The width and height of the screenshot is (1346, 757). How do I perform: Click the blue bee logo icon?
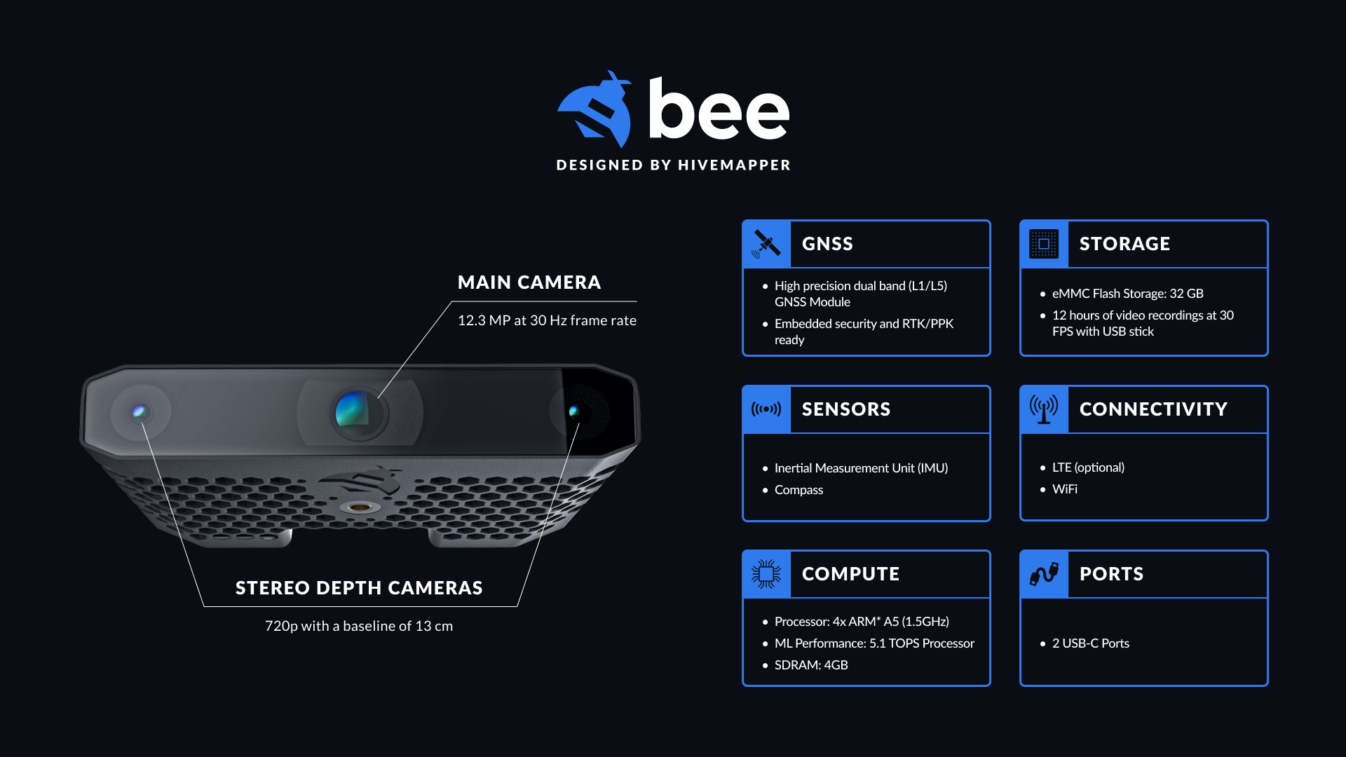[594, 109]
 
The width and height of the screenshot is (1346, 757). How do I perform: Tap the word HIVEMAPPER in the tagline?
[734, 165]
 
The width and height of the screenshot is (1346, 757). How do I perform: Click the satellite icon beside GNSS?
[766, 244]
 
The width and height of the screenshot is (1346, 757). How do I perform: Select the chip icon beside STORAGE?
[1044, 244]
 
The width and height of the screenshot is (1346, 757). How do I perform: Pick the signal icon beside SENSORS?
[766, 409]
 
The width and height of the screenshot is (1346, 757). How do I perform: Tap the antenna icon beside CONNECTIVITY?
[1044, 409]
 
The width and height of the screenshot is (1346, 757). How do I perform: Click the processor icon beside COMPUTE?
[766, 574]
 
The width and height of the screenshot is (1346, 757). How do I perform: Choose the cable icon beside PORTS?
[1044, 574]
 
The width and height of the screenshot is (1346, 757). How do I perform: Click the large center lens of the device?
[358, 412]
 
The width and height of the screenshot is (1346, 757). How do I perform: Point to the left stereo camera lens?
[140, 411]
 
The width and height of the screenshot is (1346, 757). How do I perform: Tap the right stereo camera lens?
[574, 411]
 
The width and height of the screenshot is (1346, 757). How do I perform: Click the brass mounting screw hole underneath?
[360, 506]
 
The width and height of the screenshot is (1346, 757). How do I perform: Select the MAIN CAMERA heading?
[529, 282]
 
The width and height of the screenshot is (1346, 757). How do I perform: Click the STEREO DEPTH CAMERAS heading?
[359, 588]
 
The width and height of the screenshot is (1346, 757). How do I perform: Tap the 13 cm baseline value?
[434, 626]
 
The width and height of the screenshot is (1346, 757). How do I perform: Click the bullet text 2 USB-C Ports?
[1091, 643]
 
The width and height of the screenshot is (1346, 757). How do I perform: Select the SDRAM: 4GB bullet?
[811, 665]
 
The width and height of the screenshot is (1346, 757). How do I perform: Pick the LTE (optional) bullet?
[1088, 468]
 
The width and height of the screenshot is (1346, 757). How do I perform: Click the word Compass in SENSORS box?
[798, 490]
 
